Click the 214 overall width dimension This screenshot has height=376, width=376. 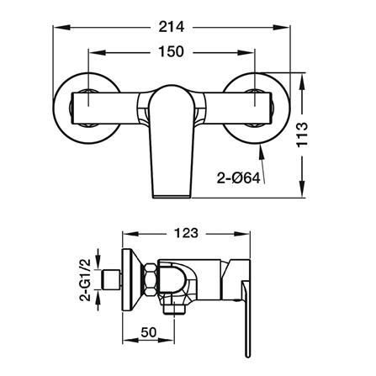(172, 27)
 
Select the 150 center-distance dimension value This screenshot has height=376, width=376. (171, 51)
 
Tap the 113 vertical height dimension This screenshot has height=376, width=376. (302, 135)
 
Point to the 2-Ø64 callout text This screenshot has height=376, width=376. (239, 178)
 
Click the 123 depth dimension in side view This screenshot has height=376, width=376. (186, 233)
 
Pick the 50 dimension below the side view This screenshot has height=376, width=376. (149, 332)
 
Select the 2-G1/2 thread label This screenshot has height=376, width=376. (85, 280)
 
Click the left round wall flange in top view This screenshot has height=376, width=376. (87, 109)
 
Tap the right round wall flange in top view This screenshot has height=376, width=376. (255, 109)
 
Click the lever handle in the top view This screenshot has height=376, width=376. (172, 141)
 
